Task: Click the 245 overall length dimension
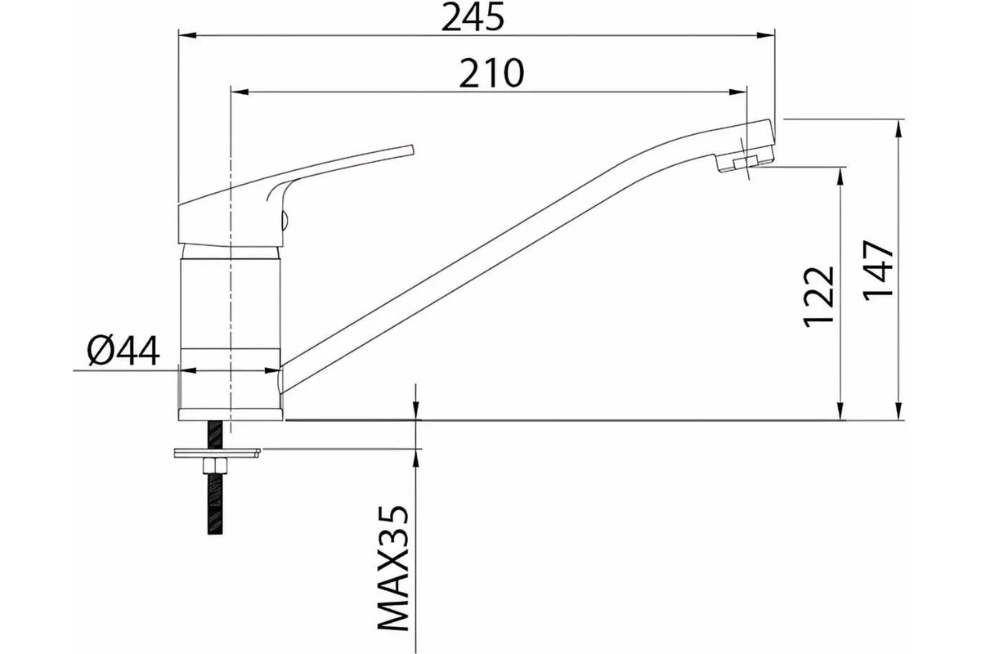[x=473, y=18]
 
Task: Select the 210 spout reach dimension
[x=491, y=73]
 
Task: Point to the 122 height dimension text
[x=818, y=297]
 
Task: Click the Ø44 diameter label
[x=123, y=351]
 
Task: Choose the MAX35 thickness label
[x=393, y=568]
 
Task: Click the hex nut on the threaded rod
[x=215, y=465]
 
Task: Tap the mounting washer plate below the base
[x=217, y=453]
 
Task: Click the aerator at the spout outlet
[x=745, y=163]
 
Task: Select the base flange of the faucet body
[x=231, y=414]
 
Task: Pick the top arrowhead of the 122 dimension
[x=840, y=176]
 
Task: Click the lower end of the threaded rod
[x=215, y=533]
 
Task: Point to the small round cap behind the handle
[x=284, y=219]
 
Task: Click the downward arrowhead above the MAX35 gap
[x=415, y=411]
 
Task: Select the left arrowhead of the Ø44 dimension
[x=188, y=370]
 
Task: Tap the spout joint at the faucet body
[x=280, y=380]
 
